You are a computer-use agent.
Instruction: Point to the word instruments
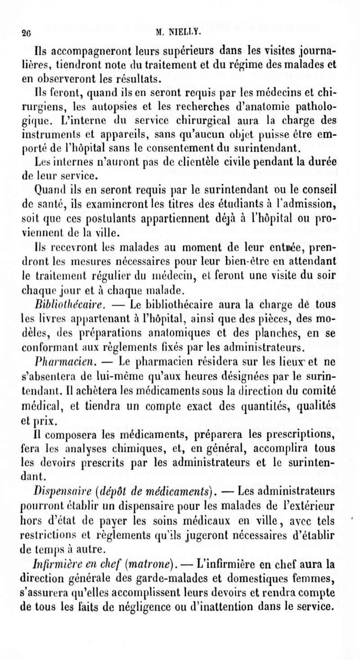[x=50, y=134]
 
